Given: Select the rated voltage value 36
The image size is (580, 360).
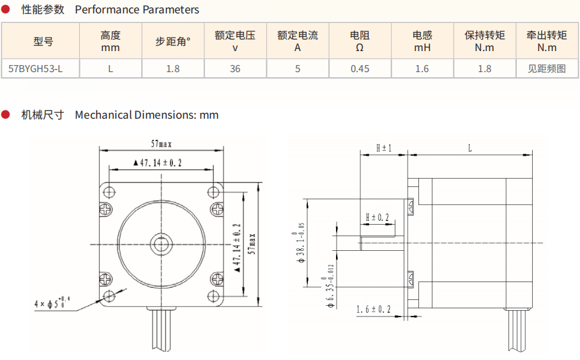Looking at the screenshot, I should point(235,69).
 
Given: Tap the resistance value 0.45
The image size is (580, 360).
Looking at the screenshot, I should point(360,69).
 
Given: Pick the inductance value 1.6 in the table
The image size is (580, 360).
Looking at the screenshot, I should point(422,69).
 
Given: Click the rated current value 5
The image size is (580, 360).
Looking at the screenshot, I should point(298,69).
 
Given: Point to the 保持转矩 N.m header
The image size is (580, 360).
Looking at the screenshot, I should point(484,41).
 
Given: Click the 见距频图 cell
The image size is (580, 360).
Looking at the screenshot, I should point(547,69).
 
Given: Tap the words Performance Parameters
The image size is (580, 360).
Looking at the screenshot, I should point(137,10).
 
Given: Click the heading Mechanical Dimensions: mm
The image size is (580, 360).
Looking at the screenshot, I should point(146,115).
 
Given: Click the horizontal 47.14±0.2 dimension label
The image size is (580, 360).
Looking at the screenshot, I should point(158,163).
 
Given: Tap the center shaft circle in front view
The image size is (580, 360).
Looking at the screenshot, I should point(160,243).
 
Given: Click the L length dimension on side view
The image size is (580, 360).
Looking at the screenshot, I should point(469,148).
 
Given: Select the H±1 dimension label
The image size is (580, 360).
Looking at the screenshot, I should point(383,148).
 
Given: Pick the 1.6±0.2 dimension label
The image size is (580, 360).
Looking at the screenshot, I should point(374,310).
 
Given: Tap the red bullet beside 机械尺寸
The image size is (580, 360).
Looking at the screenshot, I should point(6,115).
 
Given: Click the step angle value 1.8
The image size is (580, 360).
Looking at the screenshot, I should point(172,69).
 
